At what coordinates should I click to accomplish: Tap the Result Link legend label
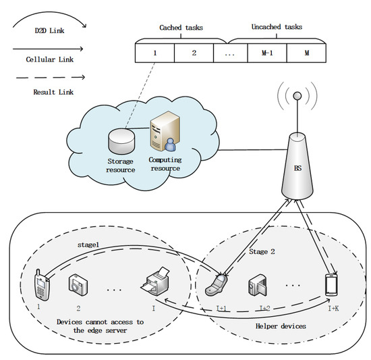pyautogui.click(x=49, y=92)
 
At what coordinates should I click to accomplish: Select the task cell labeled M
pyautogui.click(x=306, y=52)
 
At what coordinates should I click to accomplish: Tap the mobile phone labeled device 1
pyautogui.click(x=41, y=284)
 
